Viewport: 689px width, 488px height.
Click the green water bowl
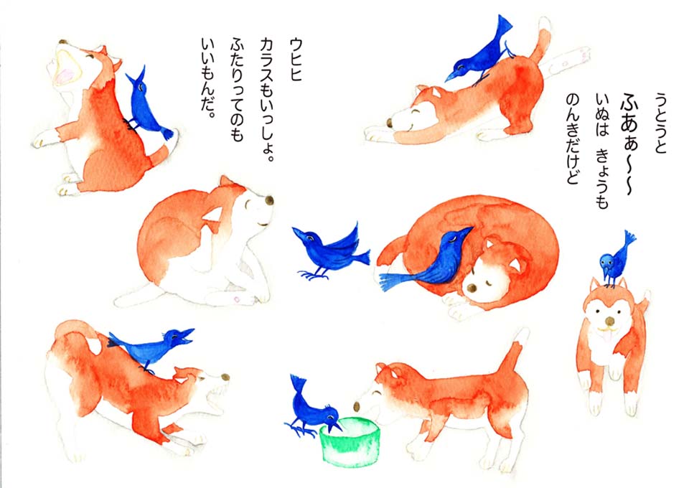click(350, 442)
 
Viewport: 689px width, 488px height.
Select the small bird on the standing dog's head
click(615, 260)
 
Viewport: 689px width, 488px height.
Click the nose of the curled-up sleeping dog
click(472, 288)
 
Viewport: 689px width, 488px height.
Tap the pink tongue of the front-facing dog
click(609, 337)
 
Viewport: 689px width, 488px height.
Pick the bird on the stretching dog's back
click(479, 52)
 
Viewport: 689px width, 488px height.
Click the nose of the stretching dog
click(390, 123)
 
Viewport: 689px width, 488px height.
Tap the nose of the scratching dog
click(269, 201)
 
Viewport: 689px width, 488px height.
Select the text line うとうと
click(660, 123)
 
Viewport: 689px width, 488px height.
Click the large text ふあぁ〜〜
click(629, 144)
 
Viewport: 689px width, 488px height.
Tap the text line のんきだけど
click(572, 139)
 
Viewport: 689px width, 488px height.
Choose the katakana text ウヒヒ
click(296, 60)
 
